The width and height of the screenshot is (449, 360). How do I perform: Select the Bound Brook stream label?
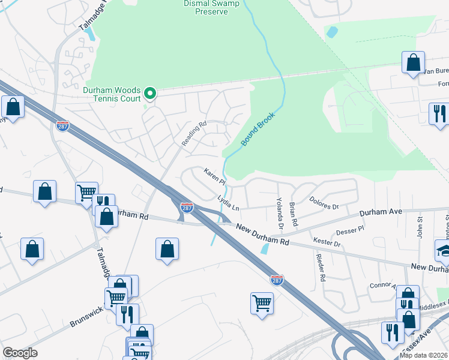pyautogui.click(x=258, y=129)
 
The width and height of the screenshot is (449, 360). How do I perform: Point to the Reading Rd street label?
pyautogui.click(x=194, y=134)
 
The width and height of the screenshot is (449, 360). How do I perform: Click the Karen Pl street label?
pyautogui.click(x=214, y=176)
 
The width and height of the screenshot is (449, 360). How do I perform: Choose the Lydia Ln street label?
pyautogui.click(x=228, y=202)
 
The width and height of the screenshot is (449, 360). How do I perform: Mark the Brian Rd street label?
pyautogui.click(x=294, y=214)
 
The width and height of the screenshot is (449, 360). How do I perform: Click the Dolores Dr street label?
pyautogui.click(x=324, y=203)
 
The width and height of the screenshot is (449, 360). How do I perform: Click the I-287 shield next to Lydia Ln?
pyautogui.click(x=187, y=208)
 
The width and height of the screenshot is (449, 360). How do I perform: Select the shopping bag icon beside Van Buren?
pyautogui.click(x=413, y=62)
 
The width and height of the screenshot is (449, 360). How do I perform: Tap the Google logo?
pyautogui.click(x=20, y=353)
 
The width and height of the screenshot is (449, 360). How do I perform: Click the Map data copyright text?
pyautogui.click(x=424, y=355)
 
